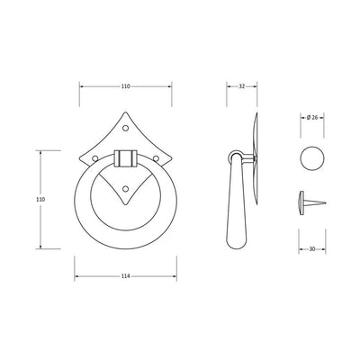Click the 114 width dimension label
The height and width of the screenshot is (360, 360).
click(x=126, y=276)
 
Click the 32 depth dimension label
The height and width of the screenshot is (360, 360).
click(x=242, y=86)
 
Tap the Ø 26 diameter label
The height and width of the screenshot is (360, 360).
click(x=312, y=118)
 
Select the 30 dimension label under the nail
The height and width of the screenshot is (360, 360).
click(x=312, y=249)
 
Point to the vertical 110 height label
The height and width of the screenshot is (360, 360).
click(x=40, y=199)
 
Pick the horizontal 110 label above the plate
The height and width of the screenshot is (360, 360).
click(x=126, y=86)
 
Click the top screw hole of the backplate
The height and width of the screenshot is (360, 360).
click(x=126, y=128)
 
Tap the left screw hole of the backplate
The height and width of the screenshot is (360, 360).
click(x=94, y=158)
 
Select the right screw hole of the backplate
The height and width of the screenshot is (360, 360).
click(x=156, y=158)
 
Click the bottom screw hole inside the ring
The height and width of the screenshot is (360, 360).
click(x=126, y=189)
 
